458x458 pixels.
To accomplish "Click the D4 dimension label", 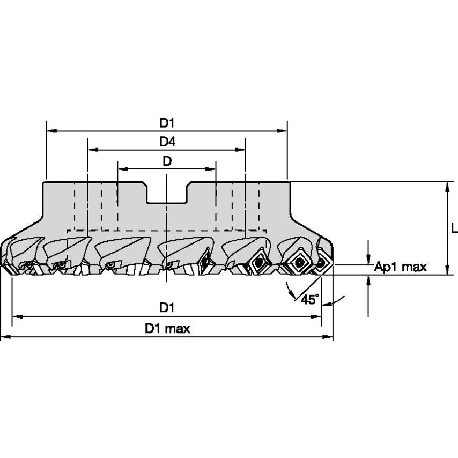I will (x=167, y=142).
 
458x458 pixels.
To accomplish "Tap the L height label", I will (x=454, y=228).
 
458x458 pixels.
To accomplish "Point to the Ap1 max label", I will (x=400, y=267).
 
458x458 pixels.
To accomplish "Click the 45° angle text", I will (x=309, y=299).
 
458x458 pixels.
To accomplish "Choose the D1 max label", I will (x=167, y=329).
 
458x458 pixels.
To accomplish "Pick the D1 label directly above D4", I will (x=167, y=123).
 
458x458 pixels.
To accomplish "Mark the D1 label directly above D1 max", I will (x=167, y=308).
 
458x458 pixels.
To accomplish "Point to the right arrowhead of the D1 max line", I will (x=329, y=337).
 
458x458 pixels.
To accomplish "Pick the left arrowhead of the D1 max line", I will (x=5, y=337).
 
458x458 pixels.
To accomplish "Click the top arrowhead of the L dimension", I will (x=447, y=186).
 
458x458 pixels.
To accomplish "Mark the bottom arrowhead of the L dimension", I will (x=447, y=270).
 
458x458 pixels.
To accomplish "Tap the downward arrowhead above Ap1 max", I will (x=368, y=260).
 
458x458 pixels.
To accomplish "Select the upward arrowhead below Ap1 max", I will (x=368, y=279).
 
